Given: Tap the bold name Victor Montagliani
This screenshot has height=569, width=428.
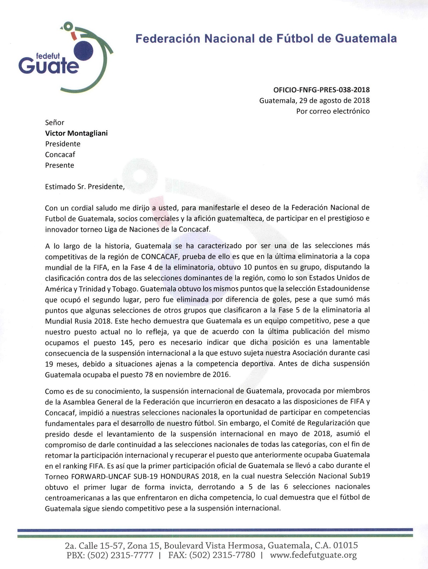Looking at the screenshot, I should click(x=76, y=133).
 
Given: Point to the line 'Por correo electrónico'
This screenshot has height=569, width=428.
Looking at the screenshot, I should click(x=333, y=111).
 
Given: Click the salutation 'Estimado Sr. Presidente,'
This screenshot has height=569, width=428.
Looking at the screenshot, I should click(x=85, y=186).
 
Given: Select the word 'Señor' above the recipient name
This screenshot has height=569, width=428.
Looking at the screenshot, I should click(x=55, y=122).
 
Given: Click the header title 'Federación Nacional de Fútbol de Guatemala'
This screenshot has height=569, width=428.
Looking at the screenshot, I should click(x=266, y=38).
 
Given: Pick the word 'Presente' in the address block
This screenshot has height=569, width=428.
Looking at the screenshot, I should click(x=59, y=165).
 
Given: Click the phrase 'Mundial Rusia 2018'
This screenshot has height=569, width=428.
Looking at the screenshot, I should click(x=76, y=321).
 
